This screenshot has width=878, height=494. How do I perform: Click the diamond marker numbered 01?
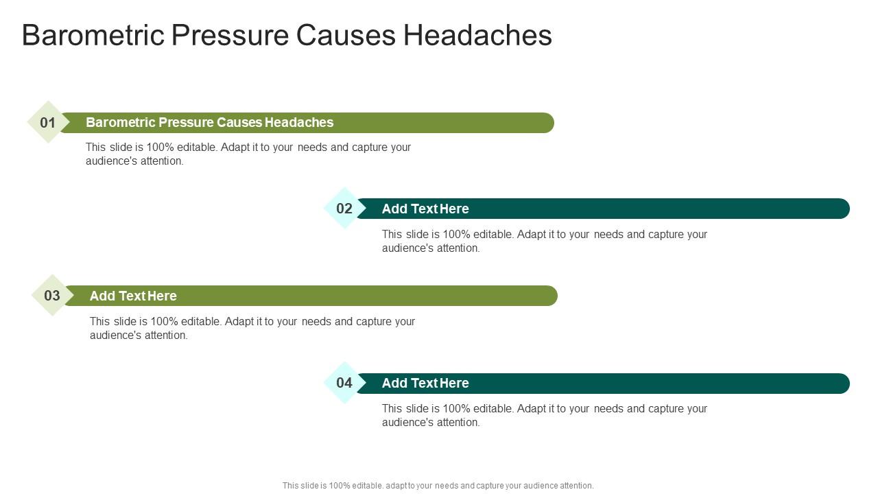click(48, 122)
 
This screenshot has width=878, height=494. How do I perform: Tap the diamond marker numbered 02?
click(344, 209)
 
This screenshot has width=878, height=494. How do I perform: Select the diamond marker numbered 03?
click(52, 296)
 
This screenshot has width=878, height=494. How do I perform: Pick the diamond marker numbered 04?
click(344, 383)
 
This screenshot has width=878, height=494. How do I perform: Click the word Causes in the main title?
click(346, 36)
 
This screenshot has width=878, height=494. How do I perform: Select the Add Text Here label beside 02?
click(425, 209)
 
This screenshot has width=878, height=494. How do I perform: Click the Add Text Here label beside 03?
click(133, 296)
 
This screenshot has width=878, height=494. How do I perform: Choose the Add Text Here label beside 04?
click(425, 383)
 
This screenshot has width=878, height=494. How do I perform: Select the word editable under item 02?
click(494, 235)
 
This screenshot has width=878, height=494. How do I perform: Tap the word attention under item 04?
click(459, 423)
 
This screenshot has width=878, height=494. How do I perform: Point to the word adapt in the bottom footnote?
click(398, 486)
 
